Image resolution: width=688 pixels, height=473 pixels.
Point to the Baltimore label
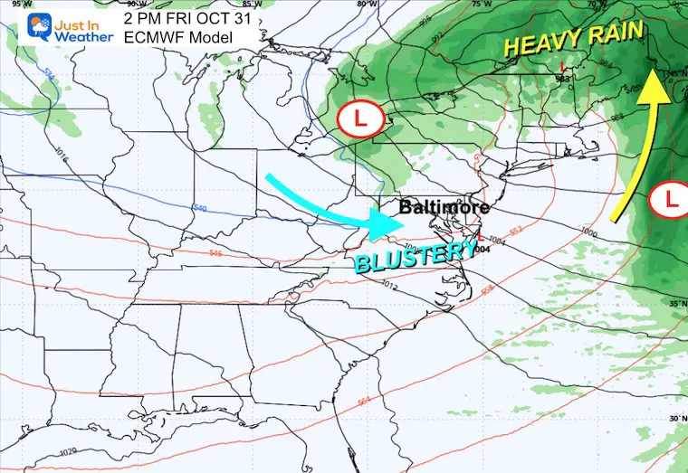pyautogui.click(x=444, y=207)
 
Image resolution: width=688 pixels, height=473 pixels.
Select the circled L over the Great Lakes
pyautogui.click(x=360, y=118)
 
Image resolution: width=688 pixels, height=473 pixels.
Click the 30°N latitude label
pyautogui.click(x=674, y=419)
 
